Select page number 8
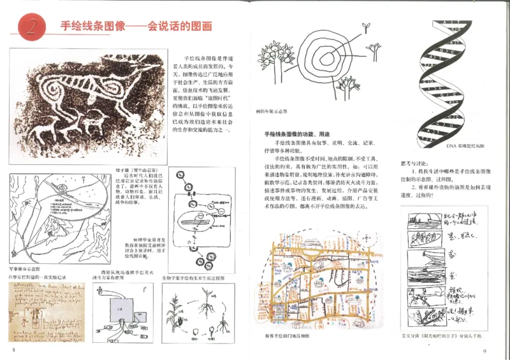click(x=12, y=350)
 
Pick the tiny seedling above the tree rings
click(x=366, y=27)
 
